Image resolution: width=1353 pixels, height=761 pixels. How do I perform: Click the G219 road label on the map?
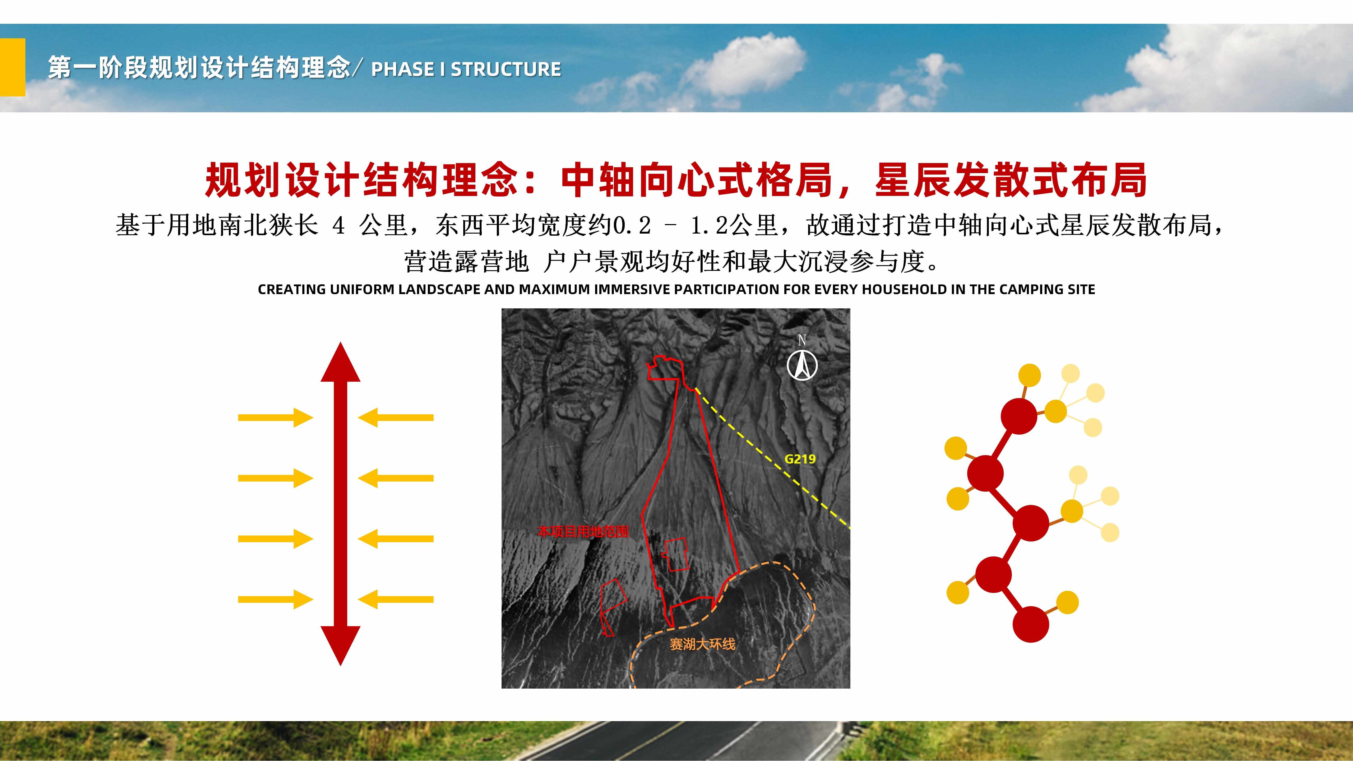(800, 459)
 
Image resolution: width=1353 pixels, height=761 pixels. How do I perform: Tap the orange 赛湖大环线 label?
(702, 644)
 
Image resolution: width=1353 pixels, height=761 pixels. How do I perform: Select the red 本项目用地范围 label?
(583, 531)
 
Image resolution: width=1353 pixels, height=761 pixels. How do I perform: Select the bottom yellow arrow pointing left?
(396, 599)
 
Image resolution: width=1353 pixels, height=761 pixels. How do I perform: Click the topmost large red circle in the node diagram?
(1019, 416)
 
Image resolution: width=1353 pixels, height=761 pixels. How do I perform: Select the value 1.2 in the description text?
(709, 226)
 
